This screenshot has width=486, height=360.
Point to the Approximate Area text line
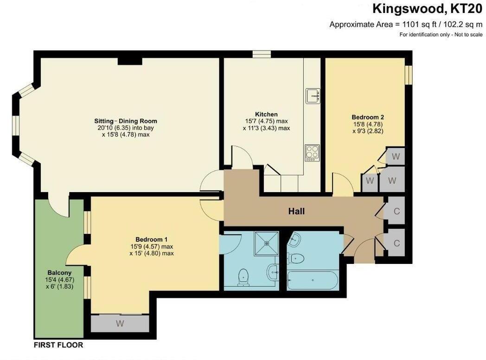click(406, 25)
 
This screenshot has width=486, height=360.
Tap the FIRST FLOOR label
click(58, 345)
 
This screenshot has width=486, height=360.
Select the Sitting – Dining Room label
click(126, 121)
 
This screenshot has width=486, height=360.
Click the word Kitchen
click(266, 114)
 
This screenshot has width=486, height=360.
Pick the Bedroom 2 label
click(368, 117)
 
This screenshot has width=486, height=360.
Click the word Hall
click(296, 212)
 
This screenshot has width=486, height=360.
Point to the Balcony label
click(59, 272)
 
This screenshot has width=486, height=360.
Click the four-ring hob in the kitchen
click(312, 152)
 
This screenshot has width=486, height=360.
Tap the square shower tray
click(266, 243)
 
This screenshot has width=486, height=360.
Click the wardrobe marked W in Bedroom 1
click(120, 324)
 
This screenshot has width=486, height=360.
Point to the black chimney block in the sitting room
click(126, 61)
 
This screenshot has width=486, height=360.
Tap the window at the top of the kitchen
click(262, 55)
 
